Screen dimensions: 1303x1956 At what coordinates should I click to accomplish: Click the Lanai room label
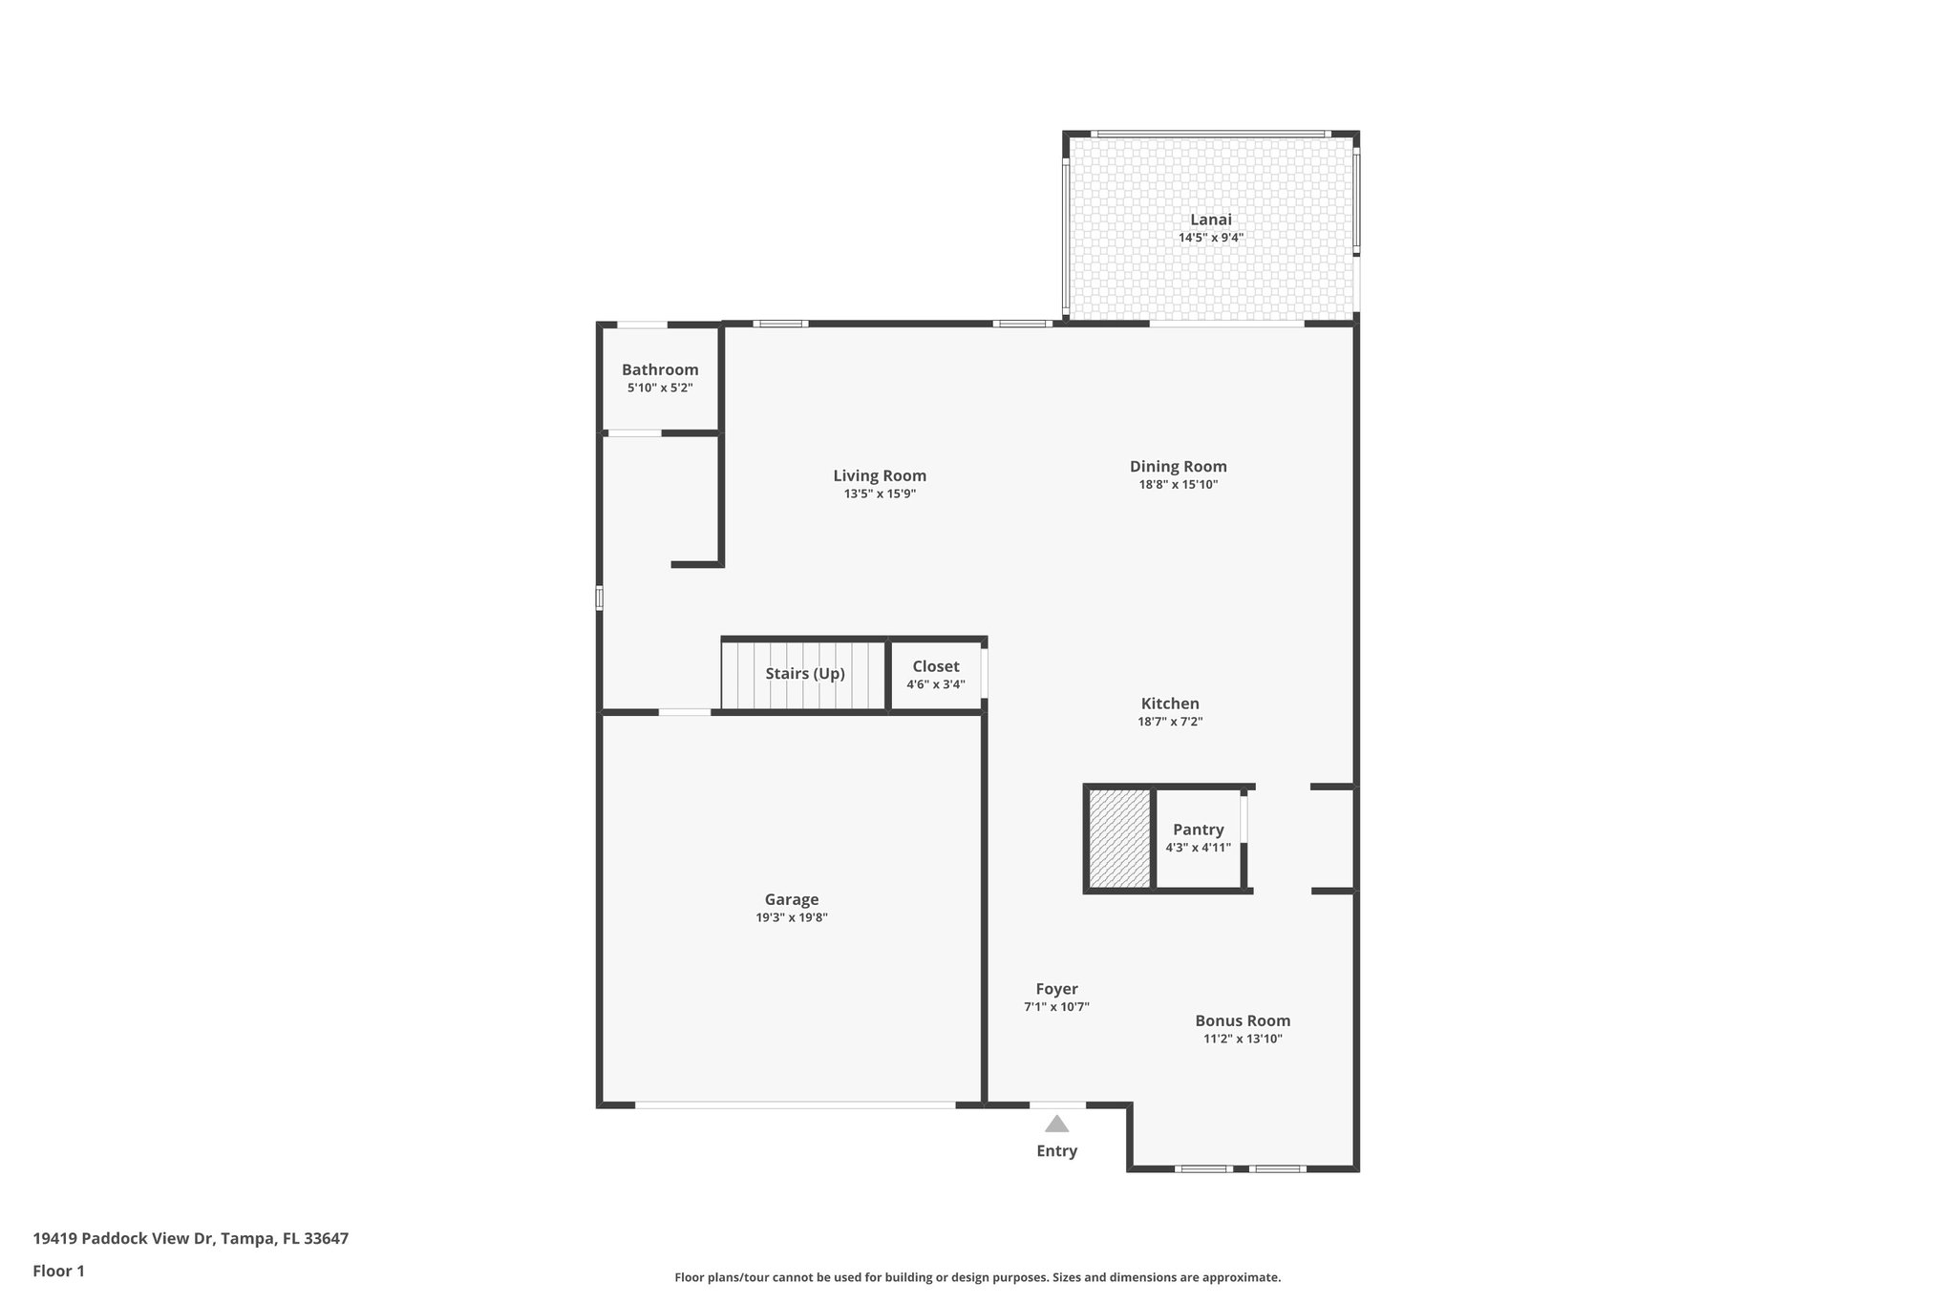(x=1210, y=220)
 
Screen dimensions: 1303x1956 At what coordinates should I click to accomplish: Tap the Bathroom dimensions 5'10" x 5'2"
(x=660, y=389)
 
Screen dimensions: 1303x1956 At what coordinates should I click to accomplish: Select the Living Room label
(x=880, y=475)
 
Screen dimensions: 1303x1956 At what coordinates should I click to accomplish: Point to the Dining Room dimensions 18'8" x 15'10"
(x=1178, y=485)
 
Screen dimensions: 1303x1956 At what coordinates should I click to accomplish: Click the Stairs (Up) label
(x=805, y=674)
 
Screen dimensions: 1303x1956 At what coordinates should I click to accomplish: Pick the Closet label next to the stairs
(x=935, y=666)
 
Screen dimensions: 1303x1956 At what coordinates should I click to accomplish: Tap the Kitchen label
(x=1170, y=704)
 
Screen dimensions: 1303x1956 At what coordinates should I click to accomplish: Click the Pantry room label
(x=1198, y=830)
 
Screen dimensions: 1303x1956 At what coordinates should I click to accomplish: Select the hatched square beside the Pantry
(x=1119, y=838)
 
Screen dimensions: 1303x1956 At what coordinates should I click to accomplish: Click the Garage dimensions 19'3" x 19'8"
(x=792, y=918)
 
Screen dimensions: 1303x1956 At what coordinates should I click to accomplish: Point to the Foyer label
(x=1056, y=989)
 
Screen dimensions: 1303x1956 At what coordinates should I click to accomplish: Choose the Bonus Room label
(x=1243, y=1020)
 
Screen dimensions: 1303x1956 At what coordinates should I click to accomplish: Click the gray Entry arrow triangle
(x=1056, y=1124)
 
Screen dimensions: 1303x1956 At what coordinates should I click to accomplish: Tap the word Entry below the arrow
(x=1056, y=1151)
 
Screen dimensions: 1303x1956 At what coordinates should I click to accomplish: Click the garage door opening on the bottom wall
(x=795, y=1105)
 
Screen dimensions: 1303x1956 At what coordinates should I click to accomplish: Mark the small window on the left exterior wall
(x=600, y=599)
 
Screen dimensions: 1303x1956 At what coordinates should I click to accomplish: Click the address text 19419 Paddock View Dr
(x=191, y=1239)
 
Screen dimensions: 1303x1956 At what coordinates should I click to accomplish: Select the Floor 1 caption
(x=59, y=1271)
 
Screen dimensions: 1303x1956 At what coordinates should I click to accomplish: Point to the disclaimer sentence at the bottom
(x=977, y=1277)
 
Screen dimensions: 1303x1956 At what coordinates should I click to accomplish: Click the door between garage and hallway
(x=685, y=712)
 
